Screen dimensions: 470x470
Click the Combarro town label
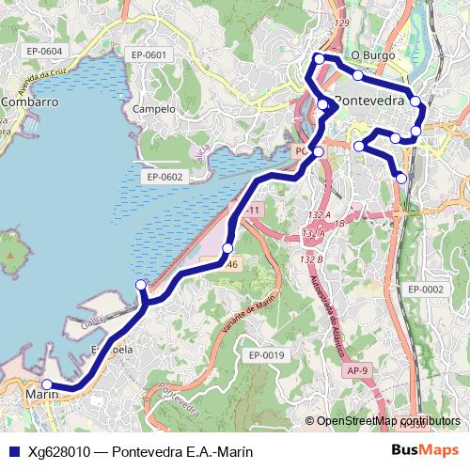pyautogui.click(x=30, y=102)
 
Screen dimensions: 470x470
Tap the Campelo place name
pyautogui.click(x=154, y=109)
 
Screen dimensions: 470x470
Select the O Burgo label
pyautogui.click(x=372, y=55)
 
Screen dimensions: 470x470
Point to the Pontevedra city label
pyautogui.click(x=368, y=101)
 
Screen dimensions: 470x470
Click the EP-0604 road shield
pyautogui.click(x=44, y=51)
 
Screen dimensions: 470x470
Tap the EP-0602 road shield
pyautogui.click(x=164, y=177)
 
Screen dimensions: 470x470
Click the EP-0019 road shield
pyautogui.click(x=266, y=354)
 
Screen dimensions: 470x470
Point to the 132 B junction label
pyautogui.click(x=312, y=258)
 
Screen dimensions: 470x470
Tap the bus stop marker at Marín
pyautogui.click(x=44, y=384)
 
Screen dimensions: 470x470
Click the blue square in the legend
pyautogui.click(x=12, y=451)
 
